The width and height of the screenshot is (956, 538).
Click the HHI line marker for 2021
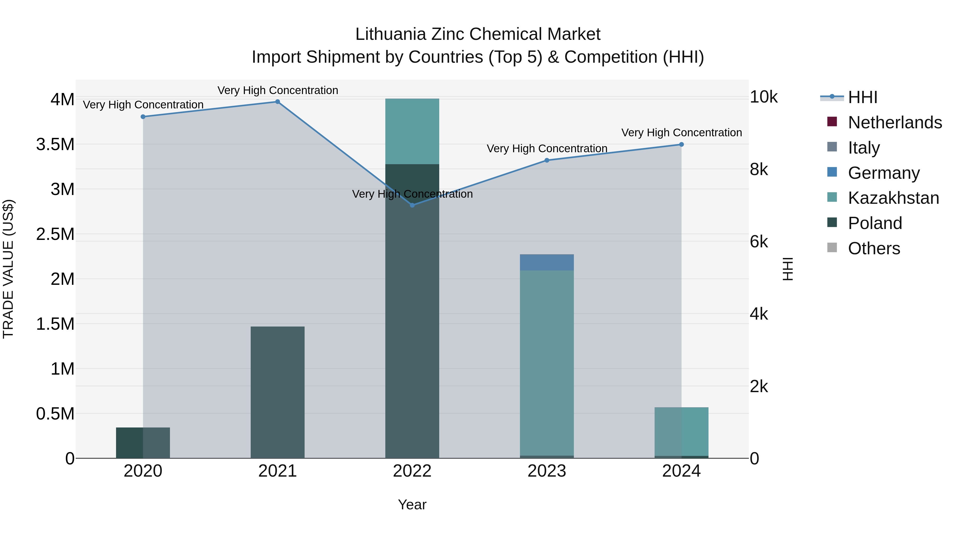(277, 102)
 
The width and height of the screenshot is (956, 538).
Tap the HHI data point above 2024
(681, 145)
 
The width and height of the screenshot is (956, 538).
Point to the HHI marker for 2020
(143, 117)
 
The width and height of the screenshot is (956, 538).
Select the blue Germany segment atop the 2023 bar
(547, 262)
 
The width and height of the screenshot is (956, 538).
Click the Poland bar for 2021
(277, 392)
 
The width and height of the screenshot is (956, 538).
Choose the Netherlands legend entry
(895, 122)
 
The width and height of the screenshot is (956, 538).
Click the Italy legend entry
(864, 148)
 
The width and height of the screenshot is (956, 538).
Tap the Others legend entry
(874, 248)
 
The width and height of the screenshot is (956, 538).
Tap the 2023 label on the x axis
(547, 471)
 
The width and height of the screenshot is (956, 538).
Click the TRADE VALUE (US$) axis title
(8, 269)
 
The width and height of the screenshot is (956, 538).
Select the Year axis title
(412, 505)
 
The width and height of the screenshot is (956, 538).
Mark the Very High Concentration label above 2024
(681, 133)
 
